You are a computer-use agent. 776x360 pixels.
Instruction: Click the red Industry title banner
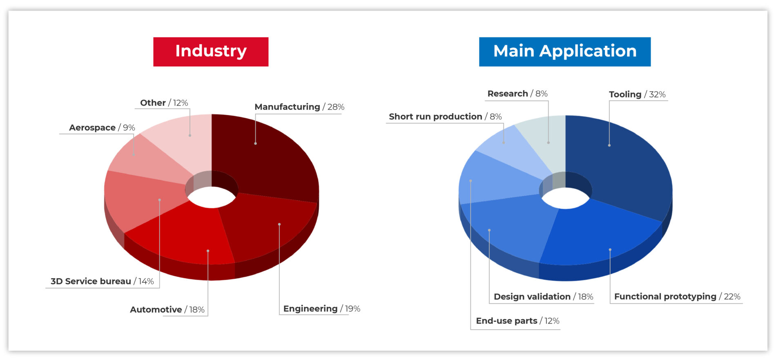[211, 51]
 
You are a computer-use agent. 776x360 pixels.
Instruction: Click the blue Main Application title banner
[565, 51]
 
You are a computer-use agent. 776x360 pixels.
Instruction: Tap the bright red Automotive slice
[184, 237]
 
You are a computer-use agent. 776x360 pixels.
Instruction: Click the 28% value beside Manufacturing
[336, 107]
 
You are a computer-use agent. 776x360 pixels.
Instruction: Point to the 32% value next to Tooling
[657, 94]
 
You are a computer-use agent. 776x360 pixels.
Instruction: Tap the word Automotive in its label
[156, 310]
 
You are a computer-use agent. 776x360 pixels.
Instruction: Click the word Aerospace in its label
[92, 128]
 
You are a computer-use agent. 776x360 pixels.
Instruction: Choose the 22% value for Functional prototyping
[732, 297]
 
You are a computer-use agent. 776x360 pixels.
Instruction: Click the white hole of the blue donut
[566, 199]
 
